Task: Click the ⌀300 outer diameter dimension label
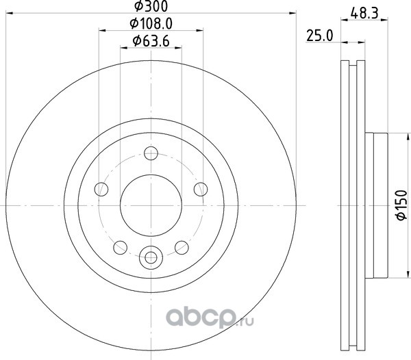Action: (151, 6)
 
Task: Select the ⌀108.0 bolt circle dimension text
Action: (151, 24)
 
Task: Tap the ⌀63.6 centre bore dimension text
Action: (151, 41)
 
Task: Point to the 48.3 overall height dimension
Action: (364, 14)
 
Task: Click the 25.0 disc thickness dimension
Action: (319, 36)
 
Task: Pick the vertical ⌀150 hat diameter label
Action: (401, 205)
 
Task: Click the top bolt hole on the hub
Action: (151, 153)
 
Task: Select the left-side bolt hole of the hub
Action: (101, 189)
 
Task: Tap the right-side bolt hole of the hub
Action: (201, 189)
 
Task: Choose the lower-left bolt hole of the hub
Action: (121, 248)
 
